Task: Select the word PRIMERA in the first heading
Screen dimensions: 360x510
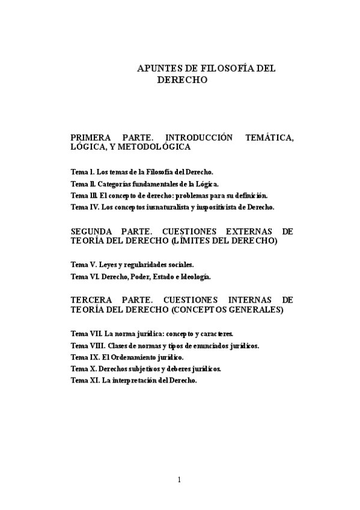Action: (90, 138)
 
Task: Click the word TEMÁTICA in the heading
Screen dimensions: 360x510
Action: (270, 138)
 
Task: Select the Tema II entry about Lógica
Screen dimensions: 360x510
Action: (145, 183)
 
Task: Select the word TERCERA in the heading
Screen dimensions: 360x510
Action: (91, 300)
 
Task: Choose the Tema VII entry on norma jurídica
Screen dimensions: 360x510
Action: (152, 333)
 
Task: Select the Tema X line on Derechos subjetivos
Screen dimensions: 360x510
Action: (146, 368)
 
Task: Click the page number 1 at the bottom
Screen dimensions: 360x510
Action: (179, 479)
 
